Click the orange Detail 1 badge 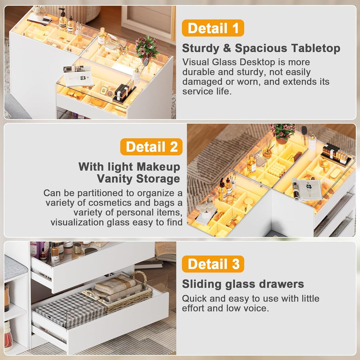213,28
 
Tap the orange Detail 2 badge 151,147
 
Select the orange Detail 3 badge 213,264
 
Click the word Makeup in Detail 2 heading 159,167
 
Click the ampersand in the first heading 227,49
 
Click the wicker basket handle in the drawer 139,276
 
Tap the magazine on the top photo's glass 78,76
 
